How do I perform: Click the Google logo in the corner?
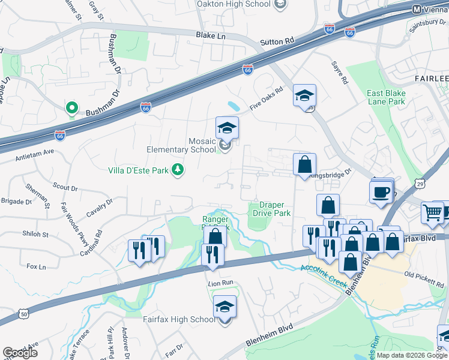[20, 352]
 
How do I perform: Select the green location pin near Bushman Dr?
[71, 108]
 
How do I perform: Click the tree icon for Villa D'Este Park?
[178, 170]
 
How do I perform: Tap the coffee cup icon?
[382, 193]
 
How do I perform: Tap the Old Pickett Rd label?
[426, 275]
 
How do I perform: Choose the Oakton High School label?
[234, 4]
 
